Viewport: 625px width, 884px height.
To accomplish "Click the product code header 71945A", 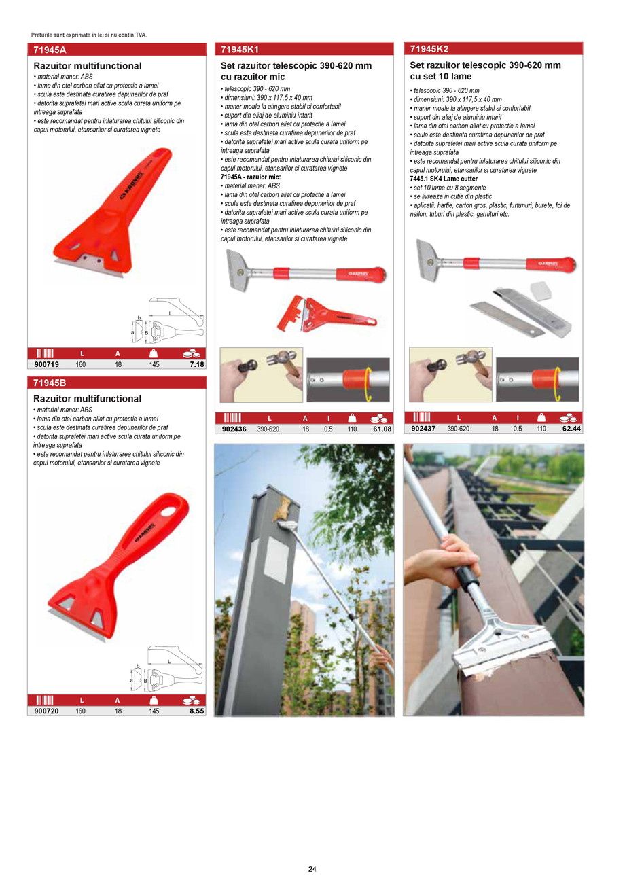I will pyautogui.click(x=50, y=49).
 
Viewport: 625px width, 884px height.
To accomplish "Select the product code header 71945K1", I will pyautogui.click(x=240, y=49).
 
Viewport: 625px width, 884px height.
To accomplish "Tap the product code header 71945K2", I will pyautogui.click(x=429, y=48).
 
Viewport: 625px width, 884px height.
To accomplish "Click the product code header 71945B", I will pyautogui.click(x=50, y=383).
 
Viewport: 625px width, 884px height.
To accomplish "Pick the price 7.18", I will pyautogui.click(x=196, y=364).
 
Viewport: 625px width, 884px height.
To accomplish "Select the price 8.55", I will pyautogui.click(x=196, y=711).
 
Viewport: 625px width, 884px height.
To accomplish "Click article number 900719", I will pyautogui.click(x=44, y=364).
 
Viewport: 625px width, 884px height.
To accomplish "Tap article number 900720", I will pyautogui.click(x=44, y=711).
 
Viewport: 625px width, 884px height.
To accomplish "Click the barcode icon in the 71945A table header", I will pyautogui.click(x=44, y=353).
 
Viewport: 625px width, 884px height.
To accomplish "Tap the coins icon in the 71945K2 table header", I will pyautogui.click(x=568, y=418).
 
